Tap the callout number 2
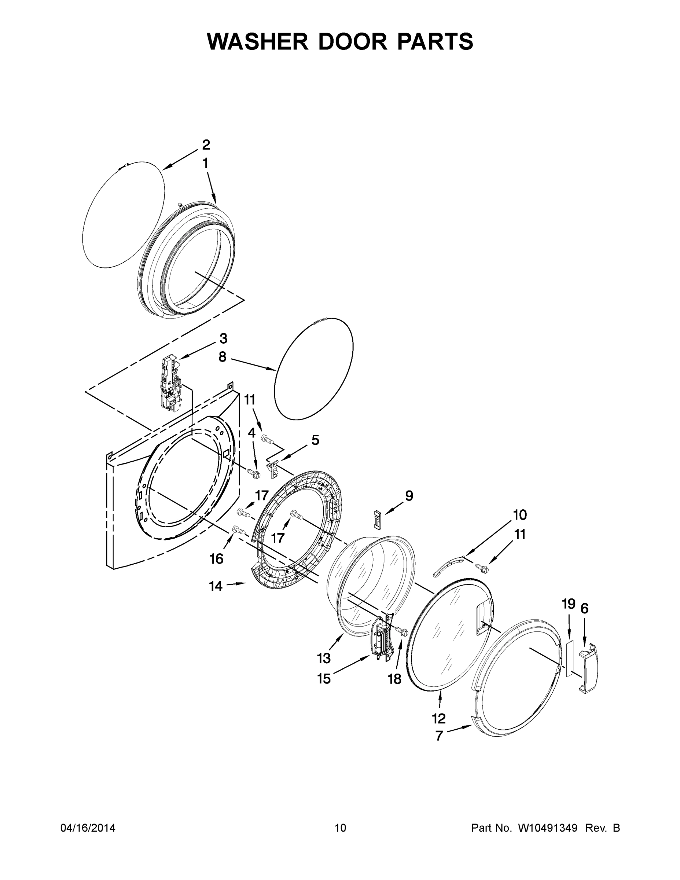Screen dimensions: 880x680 pyautogui.click(x=206, y=145)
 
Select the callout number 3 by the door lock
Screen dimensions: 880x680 pyautogui.click(x=223, y=338)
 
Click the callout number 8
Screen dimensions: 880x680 pyautogui.click(x=223, y=357)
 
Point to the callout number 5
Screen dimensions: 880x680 pyautogui.click(x=315, y=440)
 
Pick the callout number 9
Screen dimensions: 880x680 pyautogui.click(x=409, y=496)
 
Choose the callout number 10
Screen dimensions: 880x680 pyautogui.click(x=520, y=514)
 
